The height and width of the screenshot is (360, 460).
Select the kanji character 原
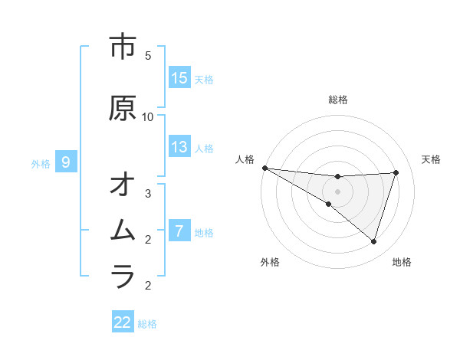[123, 109]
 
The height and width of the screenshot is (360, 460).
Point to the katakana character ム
[123, 231]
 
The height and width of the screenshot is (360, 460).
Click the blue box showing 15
[179, 78]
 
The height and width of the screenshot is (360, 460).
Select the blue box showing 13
[179, 148]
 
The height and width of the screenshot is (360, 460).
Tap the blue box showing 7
[179, 231]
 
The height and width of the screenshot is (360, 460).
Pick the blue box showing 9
[66, 162]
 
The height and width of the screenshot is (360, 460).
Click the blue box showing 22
[123, 322]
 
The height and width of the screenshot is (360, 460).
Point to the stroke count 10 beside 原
[148, 117]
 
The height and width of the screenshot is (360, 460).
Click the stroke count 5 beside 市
[148, 56]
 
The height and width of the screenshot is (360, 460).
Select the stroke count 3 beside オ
[148, 194]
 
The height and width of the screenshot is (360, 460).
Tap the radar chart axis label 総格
[338, 100]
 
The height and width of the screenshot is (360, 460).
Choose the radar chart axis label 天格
[432, 159]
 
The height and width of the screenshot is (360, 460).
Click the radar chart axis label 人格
[245, 159]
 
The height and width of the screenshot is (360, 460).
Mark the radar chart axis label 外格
[270, 262]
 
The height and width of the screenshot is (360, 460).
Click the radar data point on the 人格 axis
[264, 168]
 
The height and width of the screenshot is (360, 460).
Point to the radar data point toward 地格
[373, 242]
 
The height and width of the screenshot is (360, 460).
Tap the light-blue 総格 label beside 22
[147, 324]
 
